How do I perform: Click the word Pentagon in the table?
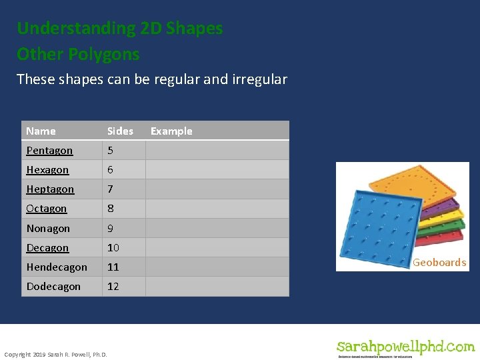[49, 151]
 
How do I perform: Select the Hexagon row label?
[47, 170]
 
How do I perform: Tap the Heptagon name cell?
[50, 189]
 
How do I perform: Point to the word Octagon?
[47, 209]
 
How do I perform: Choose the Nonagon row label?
[48, 228]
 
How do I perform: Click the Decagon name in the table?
[47, 247]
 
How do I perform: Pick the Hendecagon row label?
[57, 267]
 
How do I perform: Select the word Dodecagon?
[53, 286]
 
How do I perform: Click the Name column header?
[41, 131]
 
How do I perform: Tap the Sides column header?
[120, 131]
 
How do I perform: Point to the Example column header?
[171, 131]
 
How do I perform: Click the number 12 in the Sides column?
[113, 286]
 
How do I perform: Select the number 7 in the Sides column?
[110, 189]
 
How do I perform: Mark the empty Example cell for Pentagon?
[217, 151]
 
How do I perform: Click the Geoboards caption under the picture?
[439, 263]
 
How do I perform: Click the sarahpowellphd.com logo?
[405, 348]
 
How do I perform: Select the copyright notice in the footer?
[55, 354]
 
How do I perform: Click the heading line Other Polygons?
[78, 53]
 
